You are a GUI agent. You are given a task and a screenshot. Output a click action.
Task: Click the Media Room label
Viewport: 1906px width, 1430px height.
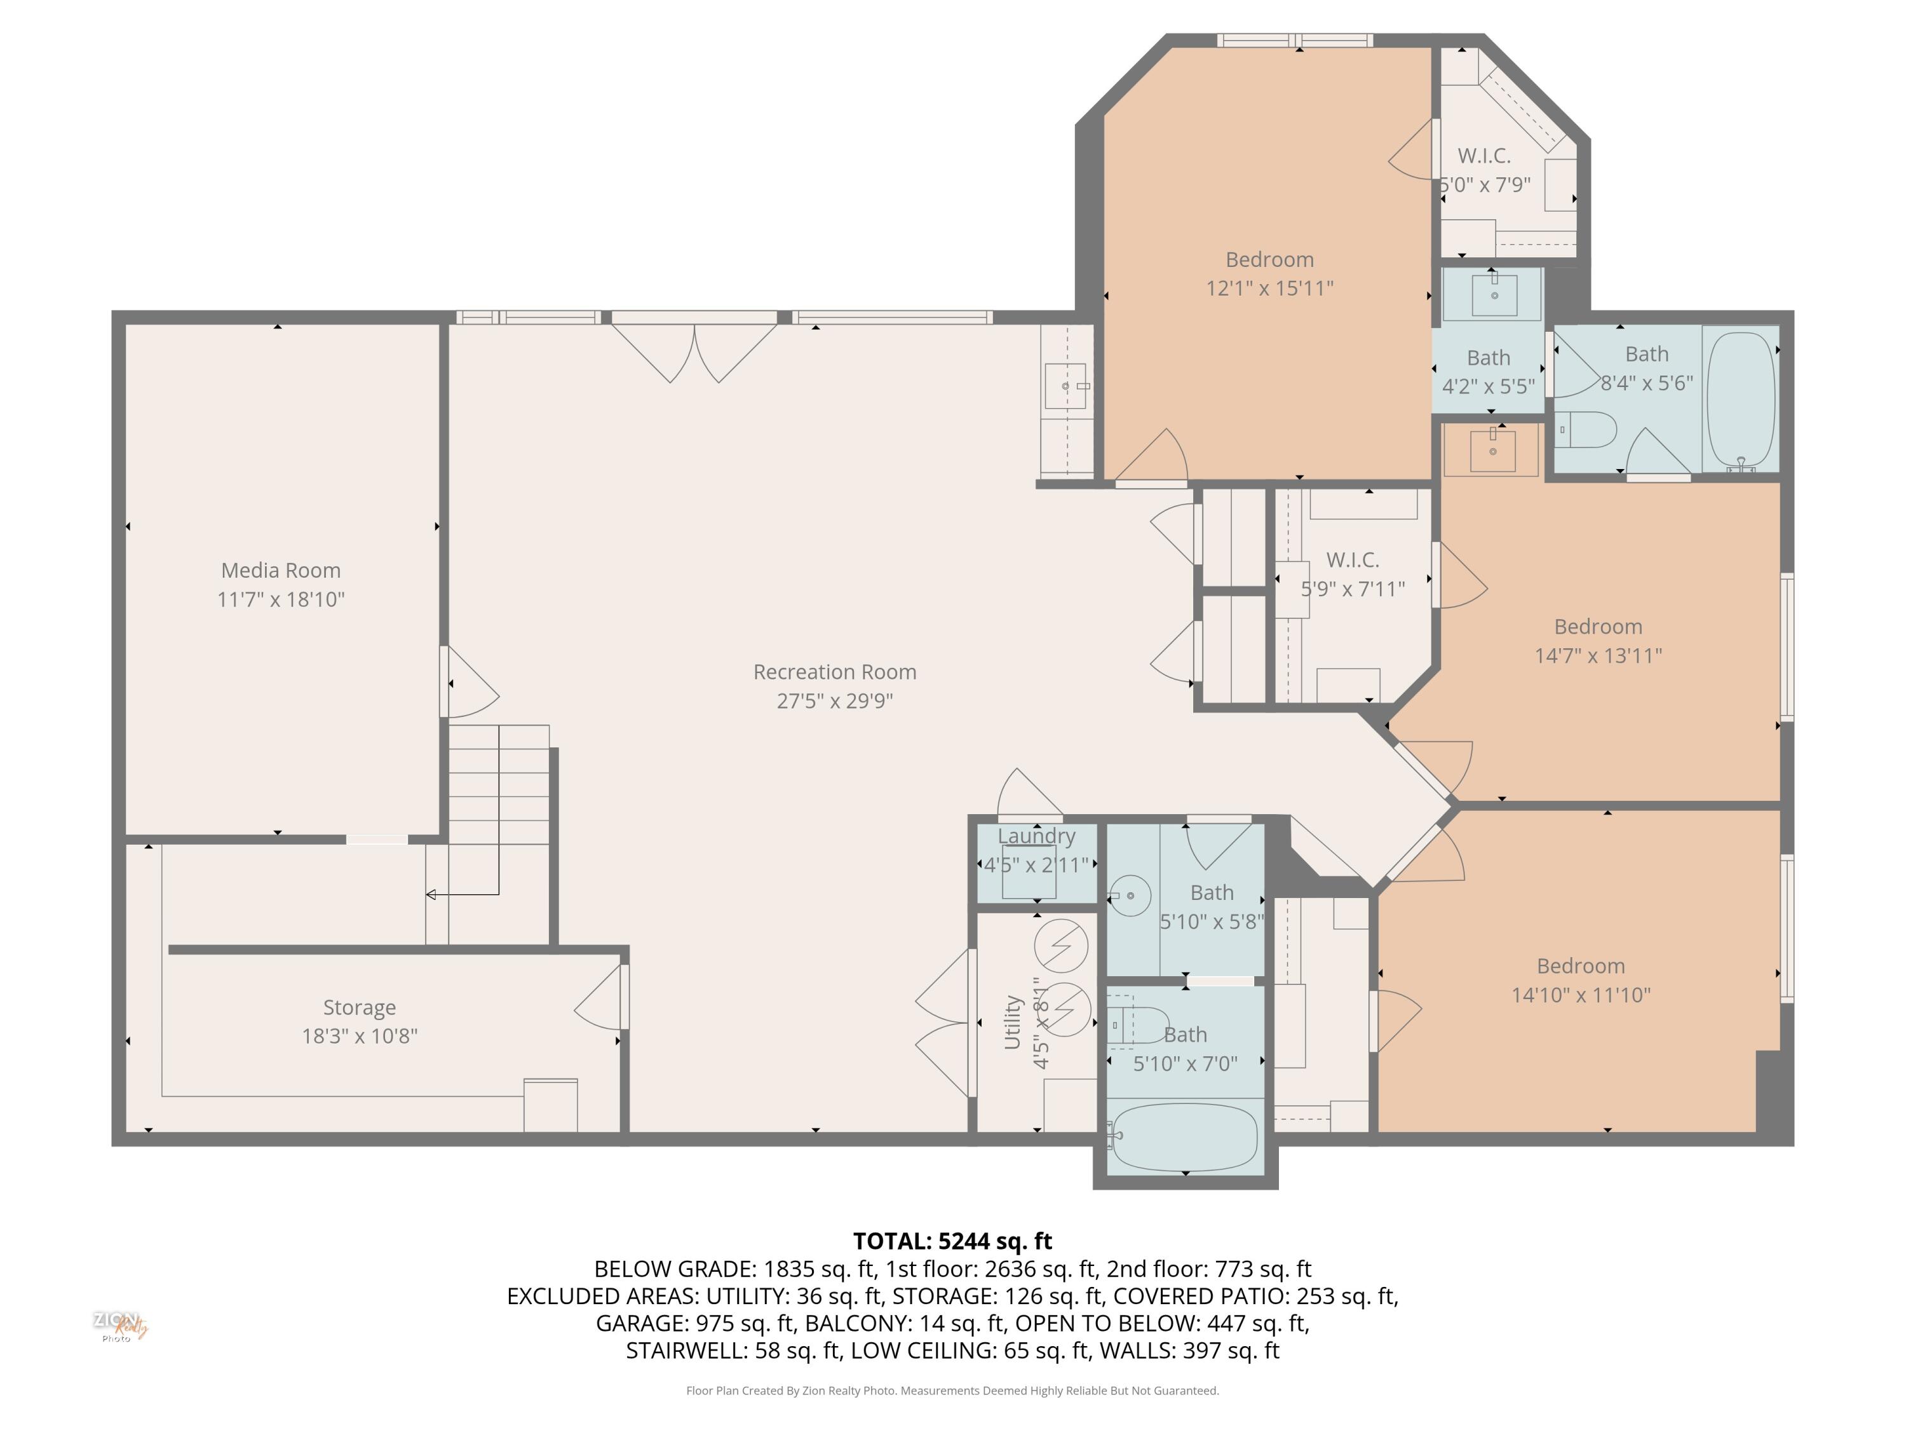[281, 571]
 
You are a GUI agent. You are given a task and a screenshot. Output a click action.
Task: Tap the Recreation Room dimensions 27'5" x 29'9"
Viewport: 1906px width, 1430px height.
[834, 701]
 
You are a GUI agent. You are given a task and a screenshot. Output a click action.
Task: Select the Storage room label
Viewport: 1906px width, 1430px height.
[360, 1007]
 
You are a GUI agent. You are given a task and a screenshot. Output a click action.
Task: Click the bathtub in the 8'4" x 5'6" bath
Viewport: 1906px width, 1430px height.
[1741, 398]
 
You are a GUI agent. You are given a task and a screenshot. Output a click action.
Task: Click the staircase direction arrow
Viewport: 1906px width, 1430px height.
[431, 895]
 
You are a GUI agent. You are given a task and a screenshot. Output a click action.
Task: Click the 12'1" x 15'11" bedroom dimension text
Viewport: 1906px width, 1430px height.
[1269, 288]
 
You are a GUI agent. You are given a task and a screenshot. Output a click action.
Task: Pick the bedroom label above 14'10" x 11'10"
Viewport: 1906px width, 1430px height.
[1580, 965]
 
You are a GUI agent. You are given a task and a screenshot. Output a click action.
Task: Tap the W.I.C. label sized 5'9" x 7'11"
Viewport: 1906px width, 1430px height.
[1352, 561]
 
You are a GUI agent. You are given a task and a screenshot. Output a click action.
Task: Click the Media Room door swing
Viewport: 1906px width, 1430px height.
[472, 683]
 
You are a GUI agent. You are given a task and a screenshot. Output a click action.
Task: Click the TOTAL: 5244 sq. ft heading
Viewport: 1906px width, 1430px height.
[952, 1241]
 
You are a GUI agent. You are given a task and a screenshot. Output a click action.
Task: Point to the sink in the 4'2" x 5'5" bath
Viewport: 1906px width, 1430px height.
[1494, 294]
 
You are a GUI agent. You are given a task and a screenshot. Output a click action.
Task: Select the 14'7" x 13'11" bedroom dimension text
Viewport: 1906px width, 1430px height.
[1597, 656]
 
